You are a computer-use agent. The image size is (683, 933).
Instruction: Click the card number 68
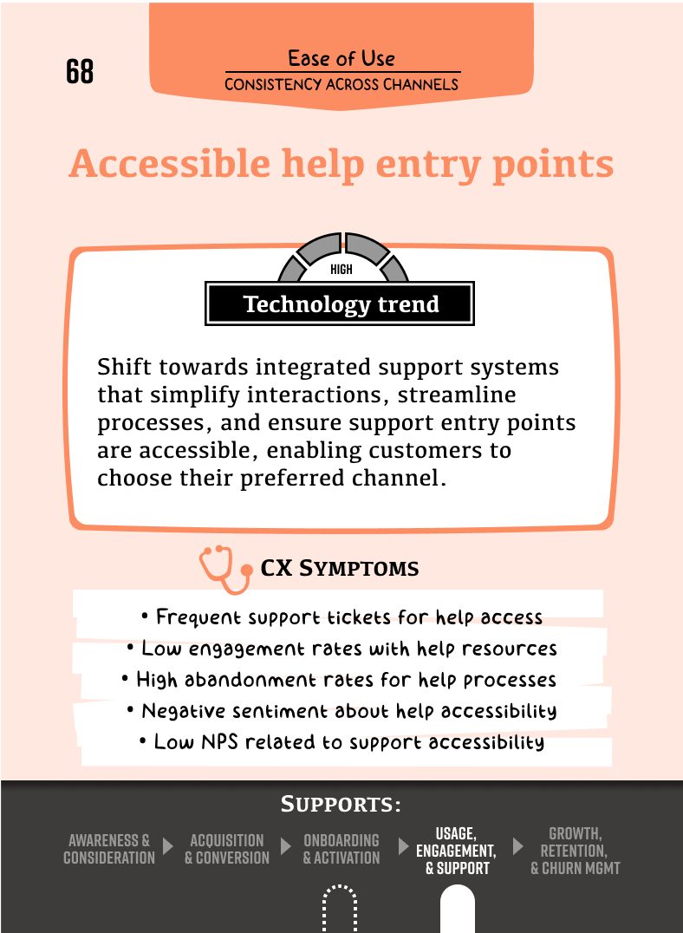[x=80, y=71]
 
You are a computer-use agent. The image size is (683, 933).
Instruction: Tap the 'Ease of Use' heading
[x=341, y=58]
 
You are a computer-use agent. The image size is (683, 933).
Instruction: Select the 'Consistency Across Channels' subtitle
[x=341, y=84]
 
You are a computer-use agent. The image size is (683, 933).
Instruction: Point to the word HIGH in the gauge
[x=341, y=270]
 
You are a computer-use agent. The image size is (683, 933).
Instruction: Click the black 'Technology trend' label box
[x=340, y=304]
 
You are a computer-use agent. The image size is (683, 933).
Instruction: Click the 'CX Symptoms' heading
[x=340, y=568]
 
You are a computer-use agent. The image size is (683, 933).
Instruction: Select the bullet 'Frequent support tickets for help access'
[x=342, y=617]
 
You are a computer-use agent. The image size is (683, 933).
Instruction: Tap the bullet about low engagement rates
[x=342, y=649]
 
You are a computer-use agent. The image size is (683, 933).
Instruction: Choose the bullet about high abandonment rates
[x=339, y=680]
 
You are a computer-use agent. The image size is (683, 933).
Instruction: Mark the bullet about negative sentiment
[x=342, y=711]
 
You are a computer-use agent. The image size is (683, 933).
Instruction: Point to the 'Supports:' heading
[x=341, y=804]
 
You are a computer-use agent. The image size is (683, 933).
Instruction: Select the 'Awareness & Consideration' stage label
[x=109, y=849]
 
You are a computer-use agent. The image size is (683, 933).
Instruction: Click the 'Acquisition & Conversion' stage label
[x=227, y=849]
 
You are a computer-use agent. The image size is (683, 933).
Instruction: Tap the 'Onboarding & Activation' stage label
[x=341, y=849]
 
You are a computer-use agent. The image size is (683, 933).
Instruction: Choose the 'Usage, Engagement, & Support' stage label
[x=456, y=851]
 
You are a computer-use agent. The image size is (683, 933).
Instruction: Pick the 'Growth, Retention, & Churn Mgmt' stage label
[x=575, y=851]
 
